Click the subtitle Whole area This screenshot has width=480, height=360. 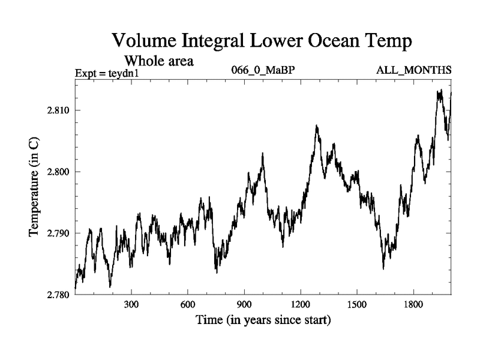(x=158, y=61)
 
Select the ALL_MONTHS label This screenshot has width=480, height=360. (x=413, y=70)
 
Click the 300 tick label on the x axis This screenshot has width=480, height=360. (x=131, y=305)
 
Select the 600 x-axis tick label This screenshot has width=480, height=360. (x=188, y=305)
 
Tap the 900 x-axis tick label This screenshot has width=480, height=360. (x=244, y=305)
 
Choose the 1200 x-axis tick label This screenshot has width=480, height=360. (x=301, y=305)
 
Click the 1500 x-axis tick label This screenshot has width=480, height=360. (x=357, y=305)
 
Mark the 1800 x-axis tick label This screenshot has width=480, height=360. (x=413, y=305)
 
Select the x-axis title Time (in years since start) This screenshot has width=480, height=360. (x=263, y=320)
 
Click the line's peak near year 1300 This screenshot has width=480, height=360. (x=316, y=126)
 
